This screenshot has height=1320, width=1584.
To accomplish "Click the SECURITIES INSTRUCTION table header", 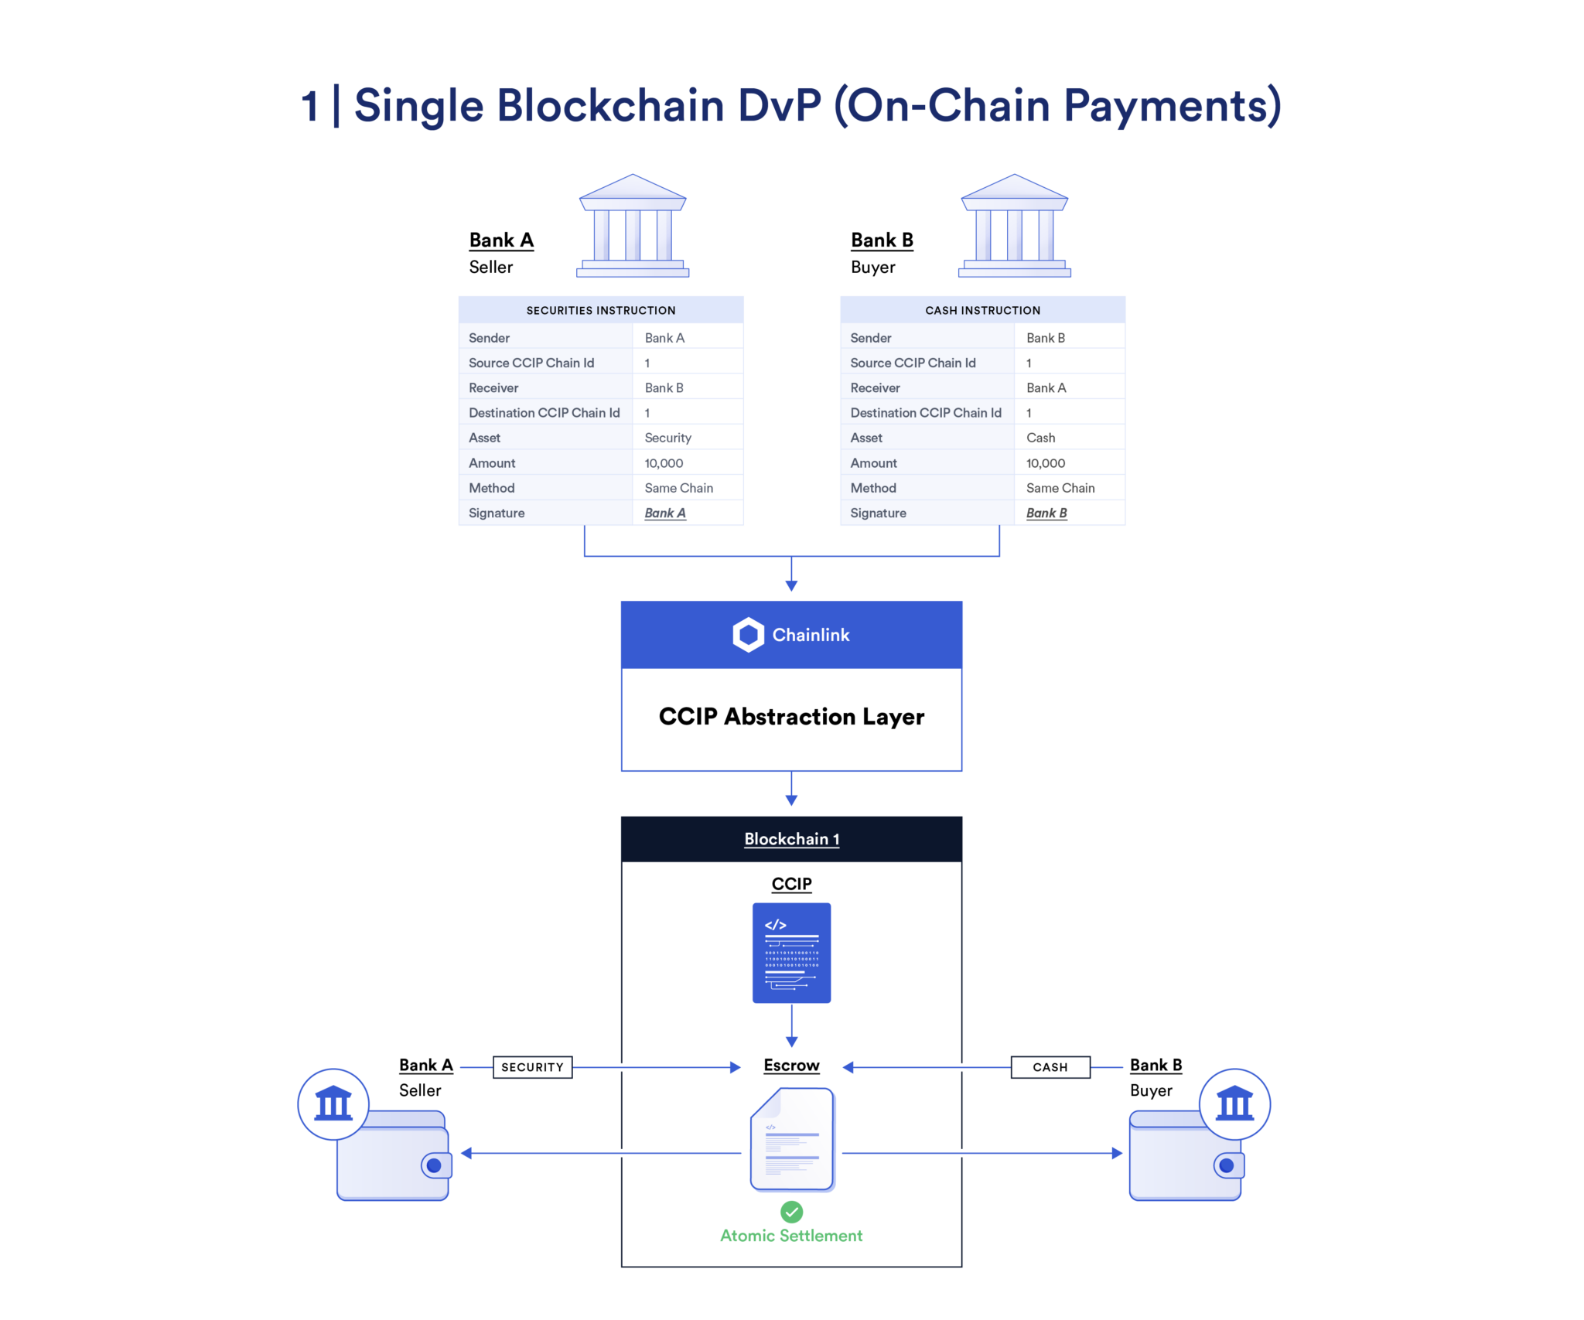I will click(600, 310).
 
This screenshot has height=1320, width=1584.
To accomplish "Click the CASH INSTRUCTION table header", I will click(982, 310).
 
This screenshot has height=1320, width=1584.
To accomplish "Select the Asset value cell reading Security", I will click(667, 438).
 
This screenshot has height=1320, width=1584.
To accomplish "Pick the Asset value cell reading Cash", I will click(1040, 438).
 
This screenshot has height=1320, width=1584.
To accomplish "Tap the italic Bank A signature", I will click(664, 513).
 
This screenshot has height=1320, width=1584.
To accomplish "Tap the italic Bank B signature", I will click(1046, 513).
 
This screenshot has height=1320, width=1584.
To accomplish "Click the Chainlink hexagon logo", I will click(748, 635).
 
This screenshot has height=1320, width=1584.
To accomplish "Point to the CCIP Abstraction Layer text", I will click(791, 717).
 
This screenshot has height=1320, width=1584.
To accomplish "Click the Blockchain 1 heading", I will click(791, 839).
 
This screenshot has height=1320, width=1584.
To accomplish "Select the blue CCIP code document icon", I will click(791, 953).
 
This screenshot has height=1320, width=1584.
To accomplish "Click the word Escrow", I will click(791, 1066).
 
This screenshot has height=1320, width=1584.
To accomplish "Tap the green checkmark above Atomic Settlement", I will click(791, 1211).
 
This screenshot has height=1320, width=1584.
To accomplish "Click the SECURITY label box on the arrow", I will click(532, 1067).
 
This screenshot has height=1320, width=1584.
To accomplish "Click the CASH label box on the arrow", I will click(1050, 1067).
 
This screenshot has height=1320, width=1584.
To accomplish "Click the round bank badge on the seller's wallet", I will click(333, 1103).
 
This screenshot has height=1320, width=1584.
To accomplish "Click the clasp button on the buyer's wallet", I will click(1226, 1165).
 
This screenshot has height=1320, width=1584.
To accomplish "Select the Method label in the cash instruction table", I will click(873, 488).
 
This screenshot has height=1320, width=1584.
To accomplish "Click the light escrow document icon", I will click(792, 1139).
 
